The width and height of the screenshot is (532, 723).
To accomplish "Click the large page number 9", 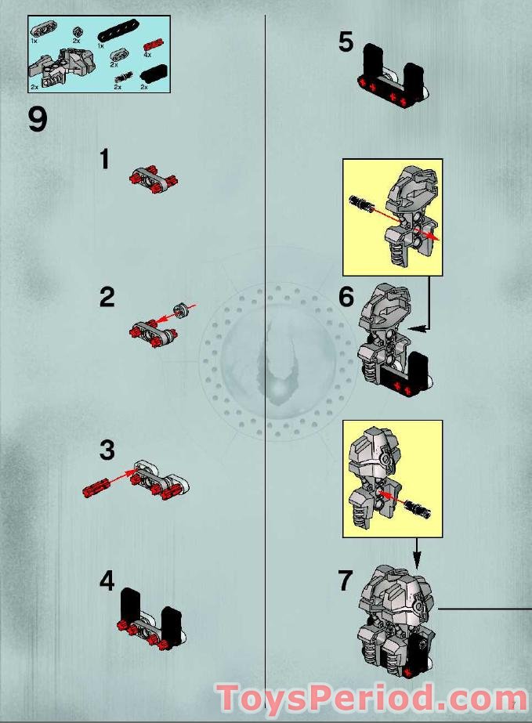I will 38,119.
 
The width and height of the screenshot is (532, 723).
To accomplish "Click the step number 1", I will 104,160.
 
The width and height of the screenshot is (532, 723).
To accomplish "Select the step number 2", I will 107,298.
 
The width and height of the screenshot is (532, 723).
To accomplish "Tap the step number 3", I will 107,450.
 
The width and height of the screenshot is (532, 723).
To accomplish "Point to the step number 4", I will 107,581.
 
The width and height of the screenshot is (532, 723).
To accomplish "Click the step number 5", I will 346,42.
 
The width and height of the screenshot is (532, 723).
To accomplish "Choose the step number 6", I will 346,298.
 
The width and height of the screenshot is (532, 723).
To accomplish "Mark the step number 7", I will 346,581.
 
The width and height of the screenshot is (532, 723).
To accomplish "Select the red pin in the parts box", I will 153,43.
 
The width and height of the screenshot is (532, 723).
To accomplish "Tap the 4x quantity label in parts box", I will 147,55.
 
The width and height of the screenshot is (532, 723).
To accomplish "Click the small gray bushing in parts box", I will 78,31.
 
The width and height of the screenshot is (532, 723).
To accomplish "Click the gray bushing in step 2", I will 182,310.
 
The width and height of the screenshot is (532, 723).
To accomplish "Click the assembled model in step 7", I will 396,619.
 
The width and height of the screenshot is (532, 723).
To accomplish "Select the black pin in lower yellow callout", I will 417,508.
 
